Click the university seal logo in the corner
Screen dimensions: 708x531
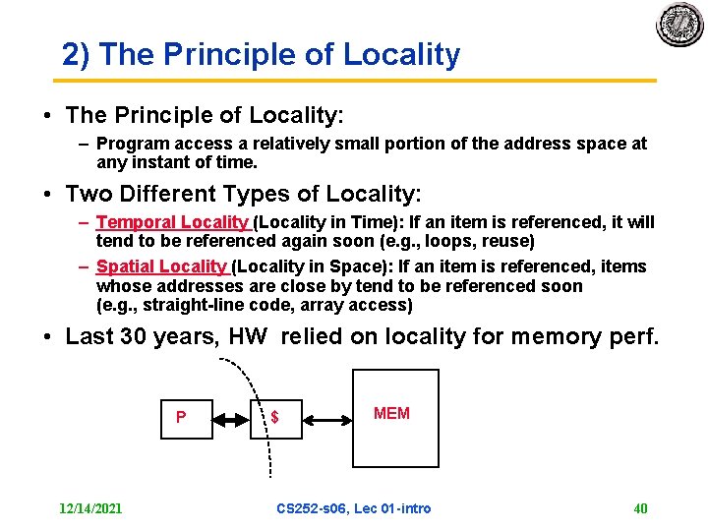tap(680, 25)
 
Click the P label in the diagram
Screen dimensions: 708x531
tap(181, 417)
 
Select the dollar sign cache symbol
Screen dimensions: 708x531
tap(275, 418)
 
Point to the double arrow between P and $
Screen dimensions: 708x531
tap(232, 419)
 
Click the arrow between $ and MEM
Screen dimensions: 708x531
tap(326, 419)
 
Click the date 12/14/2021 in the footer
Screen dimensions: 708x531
tap(90, 508)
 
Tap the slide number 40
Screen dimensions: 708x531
tap(640, 508)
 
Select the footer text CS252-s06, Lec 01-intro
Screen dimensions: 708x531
tap(354, 508)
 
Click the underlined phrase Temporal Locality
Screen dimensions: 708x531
tap(173, 223)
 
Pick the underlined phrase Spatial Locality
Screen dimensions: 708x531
tap(162, 266)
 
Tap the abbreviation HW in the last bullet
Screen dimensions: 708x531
tap(250, 337)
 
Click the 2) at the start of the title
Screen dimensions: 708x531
tap(76, 55)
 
